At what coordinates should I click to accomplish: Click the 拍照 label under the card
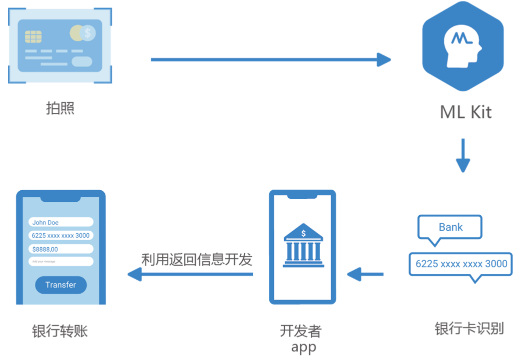coord(60,108)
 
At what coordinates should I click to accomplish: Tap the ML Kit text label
coord(466,112)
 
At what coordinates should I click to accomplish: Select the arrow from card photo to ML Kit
coord(270,59)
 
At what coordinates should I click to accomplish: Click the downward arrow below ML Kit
coord(463,155)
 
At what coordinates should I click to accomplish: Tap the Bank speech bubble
coord(450,228)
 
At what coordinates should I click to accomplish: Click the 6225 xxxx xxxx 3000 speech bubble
coord(461,264)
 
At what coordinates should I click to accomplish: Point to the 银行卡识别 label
coord(469,329)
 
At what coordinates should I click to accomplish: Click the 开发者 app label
coord(301,338)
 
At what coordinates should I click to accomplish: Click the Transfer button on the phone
coord(61,285)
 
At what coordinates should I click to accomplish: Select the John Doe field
coord(61,222)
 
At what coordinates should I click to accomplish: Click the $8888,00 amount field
coord(61,249)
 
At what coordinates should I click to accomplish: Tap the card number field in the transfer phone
coord(61,235)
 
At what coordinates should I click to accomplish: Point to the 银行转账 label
coord(60,331)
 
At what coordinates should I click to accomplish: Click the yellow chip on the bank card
coord(33,36)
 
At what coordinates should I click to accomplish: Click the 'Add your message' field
coord(61,261)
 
